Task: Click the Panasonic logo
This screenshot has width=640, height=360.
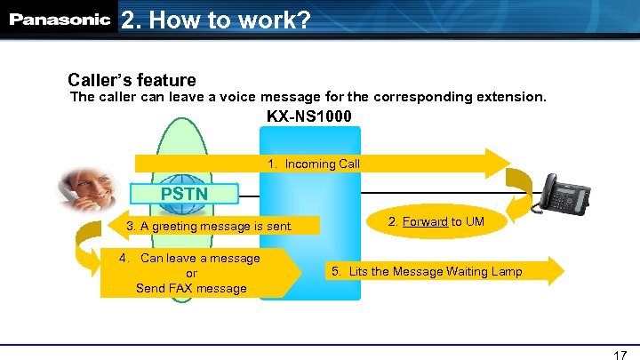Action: click(x=60, y=19)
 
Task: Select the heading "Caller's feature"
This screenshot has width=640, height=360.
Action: click(x=132, y=80)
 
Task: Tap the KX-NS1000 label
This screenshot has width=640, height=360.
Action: click(x=308, y=116)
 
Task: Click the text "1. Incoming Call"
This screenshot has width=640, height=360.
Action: click(x=314, y=164)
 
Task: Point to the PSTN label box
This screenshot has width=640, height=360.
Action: click(x=183, y=193)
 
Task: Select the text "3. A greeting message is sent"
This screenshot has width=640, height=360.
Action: click(x=209, y=227)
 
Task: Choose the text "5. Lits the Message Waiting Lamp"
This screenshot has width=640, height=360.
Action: click(x=427, y=270)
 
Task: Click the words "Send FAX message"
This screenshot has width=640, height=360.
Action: click(x=191, y=288)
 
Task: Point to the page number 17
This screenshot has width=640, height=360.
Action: click(x=620, y=355)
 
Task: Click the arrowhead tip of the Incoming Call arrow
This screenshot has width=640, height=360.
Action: click(x=503, y=164)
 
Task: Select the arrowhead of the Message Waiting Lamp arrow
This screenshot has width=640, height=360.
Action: click(x=555, y=270)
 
